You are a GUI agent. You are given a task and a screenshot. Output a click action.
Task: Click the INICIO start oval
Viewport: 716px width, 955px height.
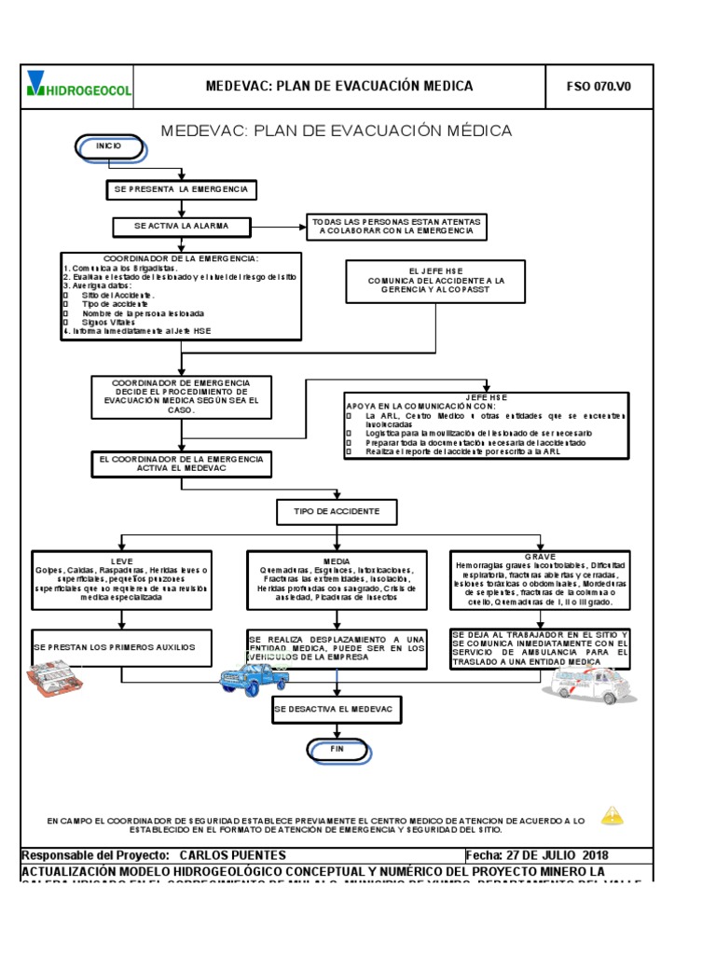[108, 147]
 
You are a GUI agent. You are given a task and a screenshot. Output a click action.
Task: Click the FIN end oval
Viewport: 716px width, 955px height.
[337, 749]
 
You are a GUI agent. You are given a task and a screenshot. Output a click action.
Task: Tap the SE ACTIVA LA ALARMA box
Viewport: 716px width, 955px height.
[181, 227]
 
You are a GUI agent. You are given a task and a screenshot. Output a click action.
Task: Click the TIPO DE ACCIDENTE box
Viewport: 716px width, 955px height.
[337, 512]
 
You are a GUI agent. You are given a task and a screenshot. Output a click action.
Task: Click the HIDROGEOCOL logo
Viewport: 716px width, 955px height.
[79, 86]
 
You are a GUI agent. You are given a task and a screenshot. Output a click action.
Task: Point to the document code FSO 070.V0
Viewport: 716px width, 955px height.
[599, 87]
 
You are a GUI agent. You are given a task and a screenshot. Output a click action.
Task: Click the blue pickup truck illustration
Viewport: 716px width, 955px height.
[254, 679]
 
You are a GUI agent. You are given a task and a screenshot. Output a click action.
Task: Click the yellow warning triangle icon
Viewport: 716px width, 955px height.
[612, 816]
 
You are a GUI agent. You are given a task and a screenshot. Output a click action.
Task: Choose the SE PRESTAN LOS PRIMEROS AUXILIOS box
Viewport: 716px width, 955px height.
[121, 647]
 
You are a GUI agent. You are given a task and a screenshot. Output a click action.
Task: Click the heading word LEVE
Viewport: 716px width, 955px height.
[121, 561]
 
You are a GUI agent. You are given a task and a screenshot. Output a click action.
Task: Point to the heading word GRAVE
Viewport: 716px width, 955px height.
[540, 557]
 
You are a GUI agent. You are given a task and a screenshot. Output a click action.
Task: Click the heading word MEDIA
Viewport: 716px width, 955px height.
[337, 561]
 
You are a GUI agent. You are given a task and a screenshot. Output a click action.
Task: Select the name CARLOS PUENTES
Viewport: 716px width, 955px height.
[232, 855]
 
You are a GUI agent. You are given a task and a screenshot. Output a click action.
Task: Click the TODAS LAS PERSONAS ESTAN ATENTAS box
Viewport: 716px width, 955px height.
[396, 227]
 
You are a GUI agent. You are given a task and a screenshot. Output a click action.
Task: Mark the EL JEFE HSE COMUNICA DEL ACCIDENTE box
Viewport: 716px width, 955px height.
[435, 280]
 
